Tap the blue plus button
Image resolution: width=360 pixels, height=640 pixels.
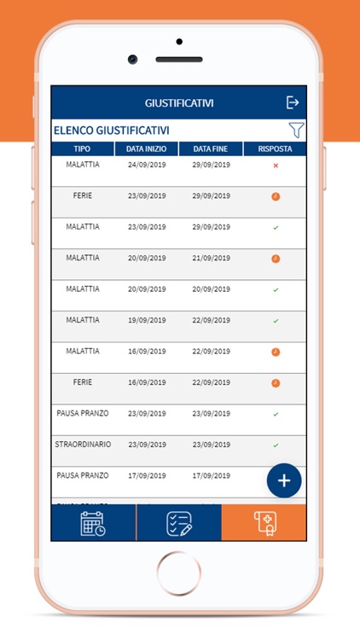pyautogui.click(x=284, y=480)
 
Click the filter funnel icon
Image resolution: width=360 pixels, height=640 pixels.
pyautogui.click(x=295, y=131)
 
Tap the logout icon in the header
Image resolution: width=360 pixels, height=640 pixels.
pyautogui.click(x=293, y=102)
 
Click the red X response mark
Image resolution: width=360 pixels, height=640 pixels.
pyautogui.click(x=276, y=166)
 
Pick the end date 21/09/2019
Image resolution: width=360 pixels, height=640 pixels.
pyautogui.click(x=212, y=258)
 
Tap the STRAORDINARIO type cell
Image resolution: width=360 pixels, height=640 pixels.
pyautogui.click(x=83, y=445)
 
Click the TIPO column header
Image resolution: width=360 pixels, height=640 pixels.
pyautogui.click(x=82, y=148)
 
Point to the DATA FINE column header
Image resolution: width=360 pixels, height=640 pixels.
pyautogui.click(x=212, y=148)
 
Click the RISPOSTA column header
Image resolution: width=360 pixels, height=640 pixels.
pyautogui.click(x=275, y=148)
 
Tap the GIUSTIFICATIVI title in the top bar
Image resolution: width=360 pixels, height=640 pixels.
pyautogui.click(x=179, y=103)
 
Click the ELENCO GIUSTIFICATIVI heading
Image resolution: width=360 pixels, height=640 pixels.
pyautogui.click(x=111, y=131)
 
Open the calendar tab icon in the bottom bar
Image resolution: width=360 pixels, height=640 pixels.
pyautogui.click(x=93, y=523)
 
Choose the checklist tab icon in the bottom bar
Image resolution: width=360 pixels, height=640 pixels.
pyautogui.click(x=178, y=523)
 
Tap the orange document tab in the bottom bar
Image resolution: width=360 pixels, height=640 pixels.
pyautogui.click(x=264, y=523)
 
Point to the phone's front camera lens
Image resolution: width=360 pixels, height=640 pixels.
pyautogui.click(x=133, y=59)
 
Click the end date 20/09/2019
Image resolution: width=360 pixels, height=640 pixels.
pyautogui.click(x=212, y=289)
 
